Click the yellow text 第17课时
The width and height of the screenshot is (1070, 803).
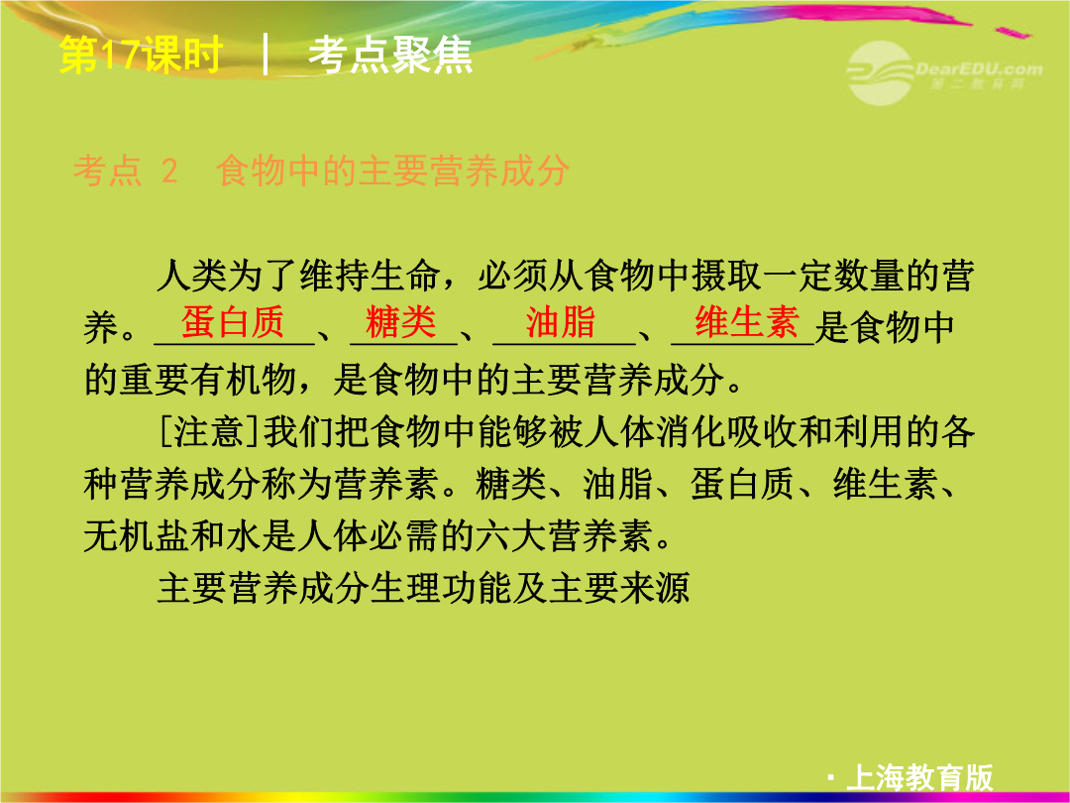pos(142,55)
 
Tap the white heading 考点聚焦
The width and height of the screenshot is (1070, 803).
pos(390,55)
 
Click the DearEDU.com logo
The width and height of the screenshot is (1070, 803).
pos(944,72)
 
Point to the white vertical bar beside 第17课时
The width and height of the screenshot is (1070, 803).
pos(266,55)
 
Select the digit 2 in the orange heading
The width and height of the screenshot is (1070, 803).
pos(169,171)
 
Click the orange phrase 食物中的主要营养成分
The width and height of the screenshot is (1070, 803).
pos(392,171)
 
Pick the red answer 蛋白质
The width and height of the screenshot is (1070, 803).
pos(233,321)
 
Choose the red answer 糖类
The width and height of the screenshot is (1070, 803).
pos(401,321)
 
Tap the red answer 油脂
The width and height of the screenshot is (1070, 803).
pos(561,321)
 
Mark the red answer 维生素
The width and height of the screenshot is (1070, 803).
pos(747,321)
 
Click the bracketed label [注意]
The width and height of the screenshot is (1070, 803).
pos(210,431)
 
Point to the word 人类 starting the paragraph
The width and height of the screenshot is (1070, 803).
pos(192,276)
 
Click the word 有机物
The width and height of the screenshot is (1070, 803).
pos(244,380)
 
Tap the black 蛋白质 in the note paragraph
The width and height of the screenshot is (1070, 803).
pos(742,484)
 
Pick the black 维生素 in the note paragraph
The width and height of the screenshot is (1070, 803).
pos(885,484)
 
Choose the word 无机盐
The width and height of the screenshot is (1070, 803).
pos(137,536)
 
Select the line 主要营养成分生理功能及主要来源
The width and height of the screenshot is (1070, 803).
pos(423,588)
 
